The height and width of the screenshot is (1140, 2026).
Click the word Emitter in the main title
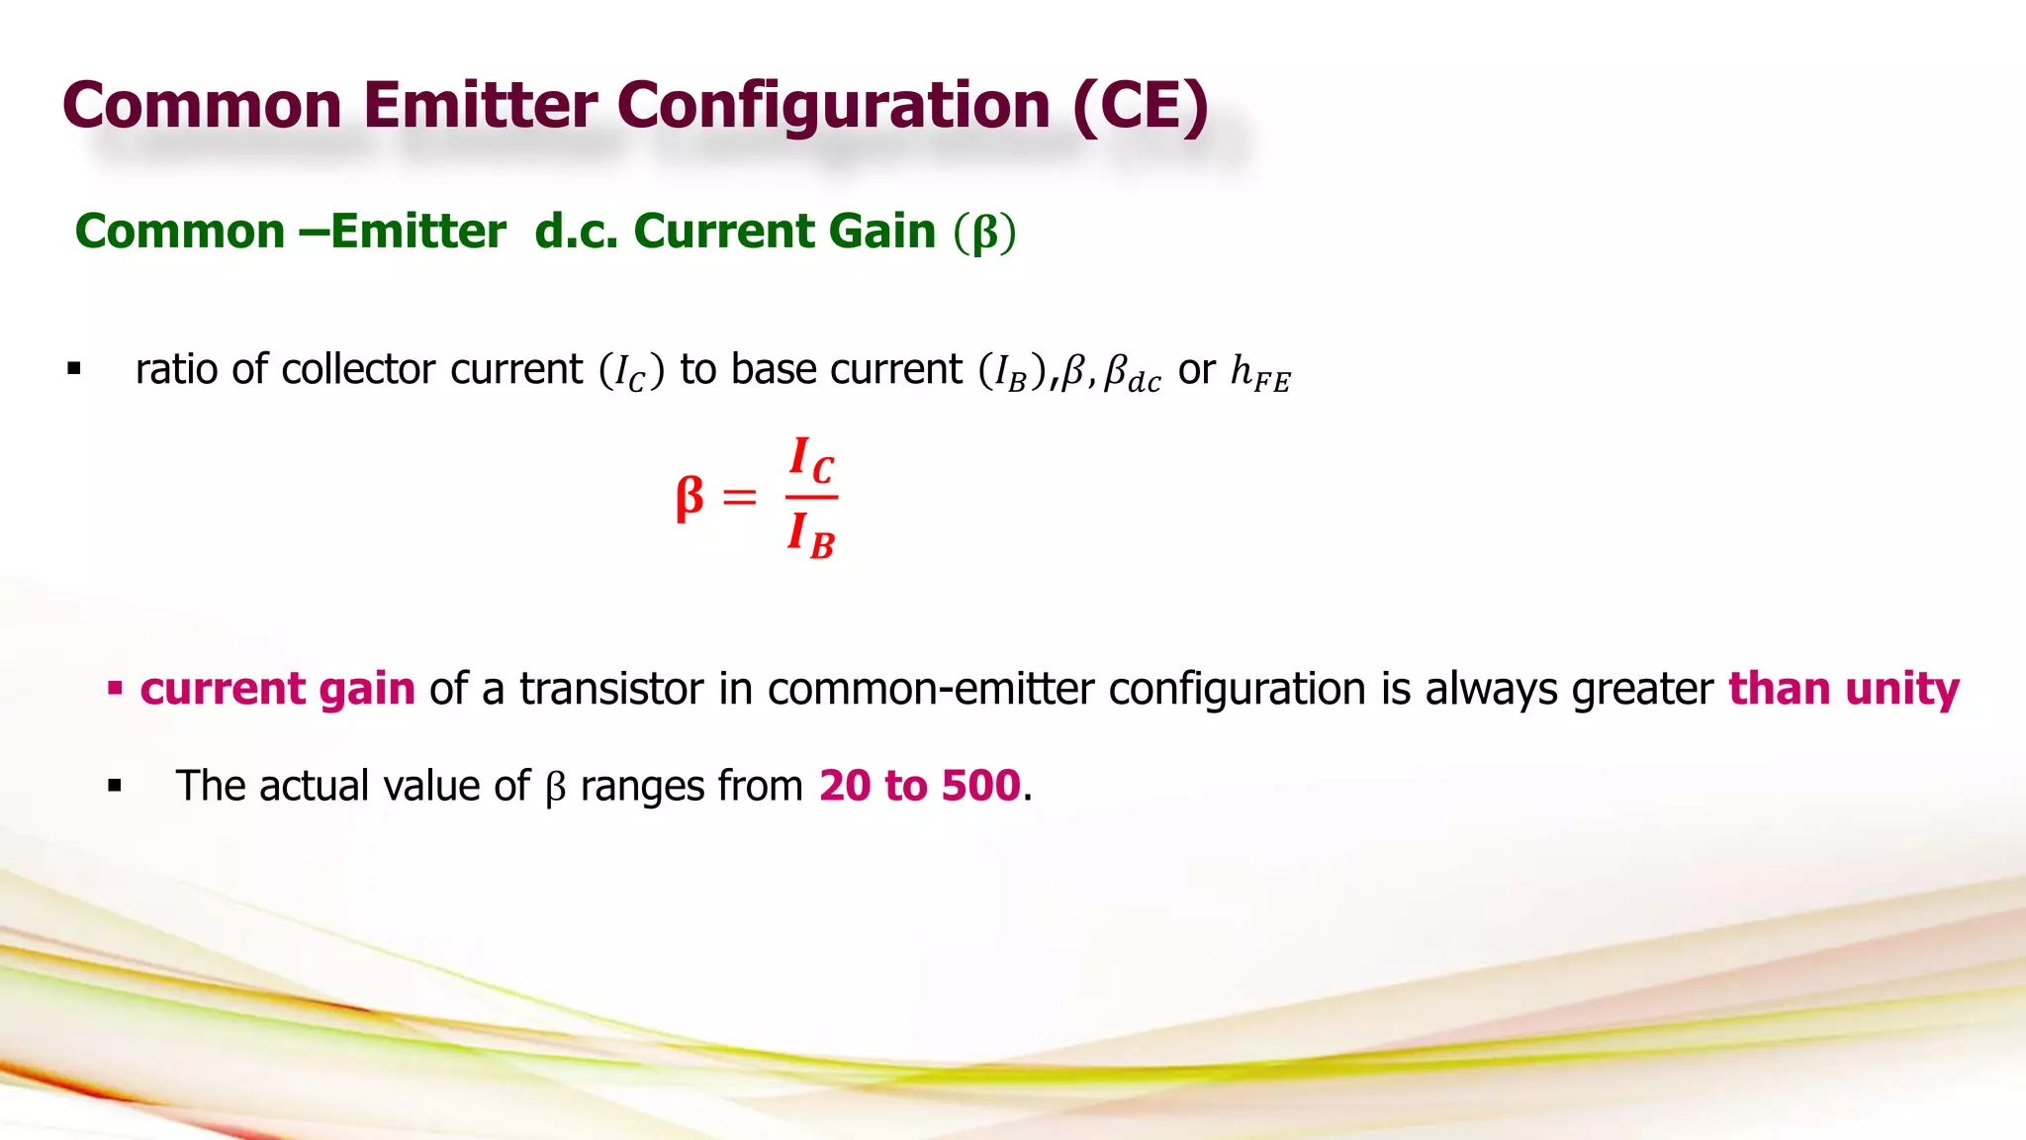click(480, 105)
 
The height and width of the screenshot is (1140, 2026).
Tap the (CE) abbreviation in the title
click(1140, 105)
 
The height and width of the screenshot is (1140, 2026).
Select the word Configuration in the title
click(833, 105)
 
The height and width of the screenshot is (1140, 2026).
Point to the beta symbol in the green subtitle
click(985, 234)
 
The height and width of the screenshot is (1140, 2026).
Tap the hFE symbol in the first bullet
click(1259, 373)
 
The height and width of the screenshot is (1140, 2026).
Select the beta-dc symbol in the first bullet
click(1133, 374)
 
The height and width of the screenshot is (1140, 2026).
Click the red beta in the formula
click(690, 497)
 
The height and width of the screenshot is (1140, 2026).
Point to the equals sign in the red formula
click(739, 497)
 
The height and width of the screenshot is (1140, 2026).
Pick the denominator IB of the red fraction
click(811, 535)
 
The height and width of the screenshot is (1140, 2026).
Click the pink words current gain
click(277, 689)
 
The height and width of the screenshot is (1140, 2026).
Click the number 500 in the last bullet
click(980, 786)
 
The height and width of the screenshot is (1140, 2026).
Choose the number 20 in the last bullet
click(845, 786)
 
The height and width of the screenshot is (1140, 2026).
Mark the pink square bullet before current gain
click(115, 688)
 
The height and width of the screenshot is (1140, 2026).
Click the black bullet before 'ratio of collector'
click(74, 370)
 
